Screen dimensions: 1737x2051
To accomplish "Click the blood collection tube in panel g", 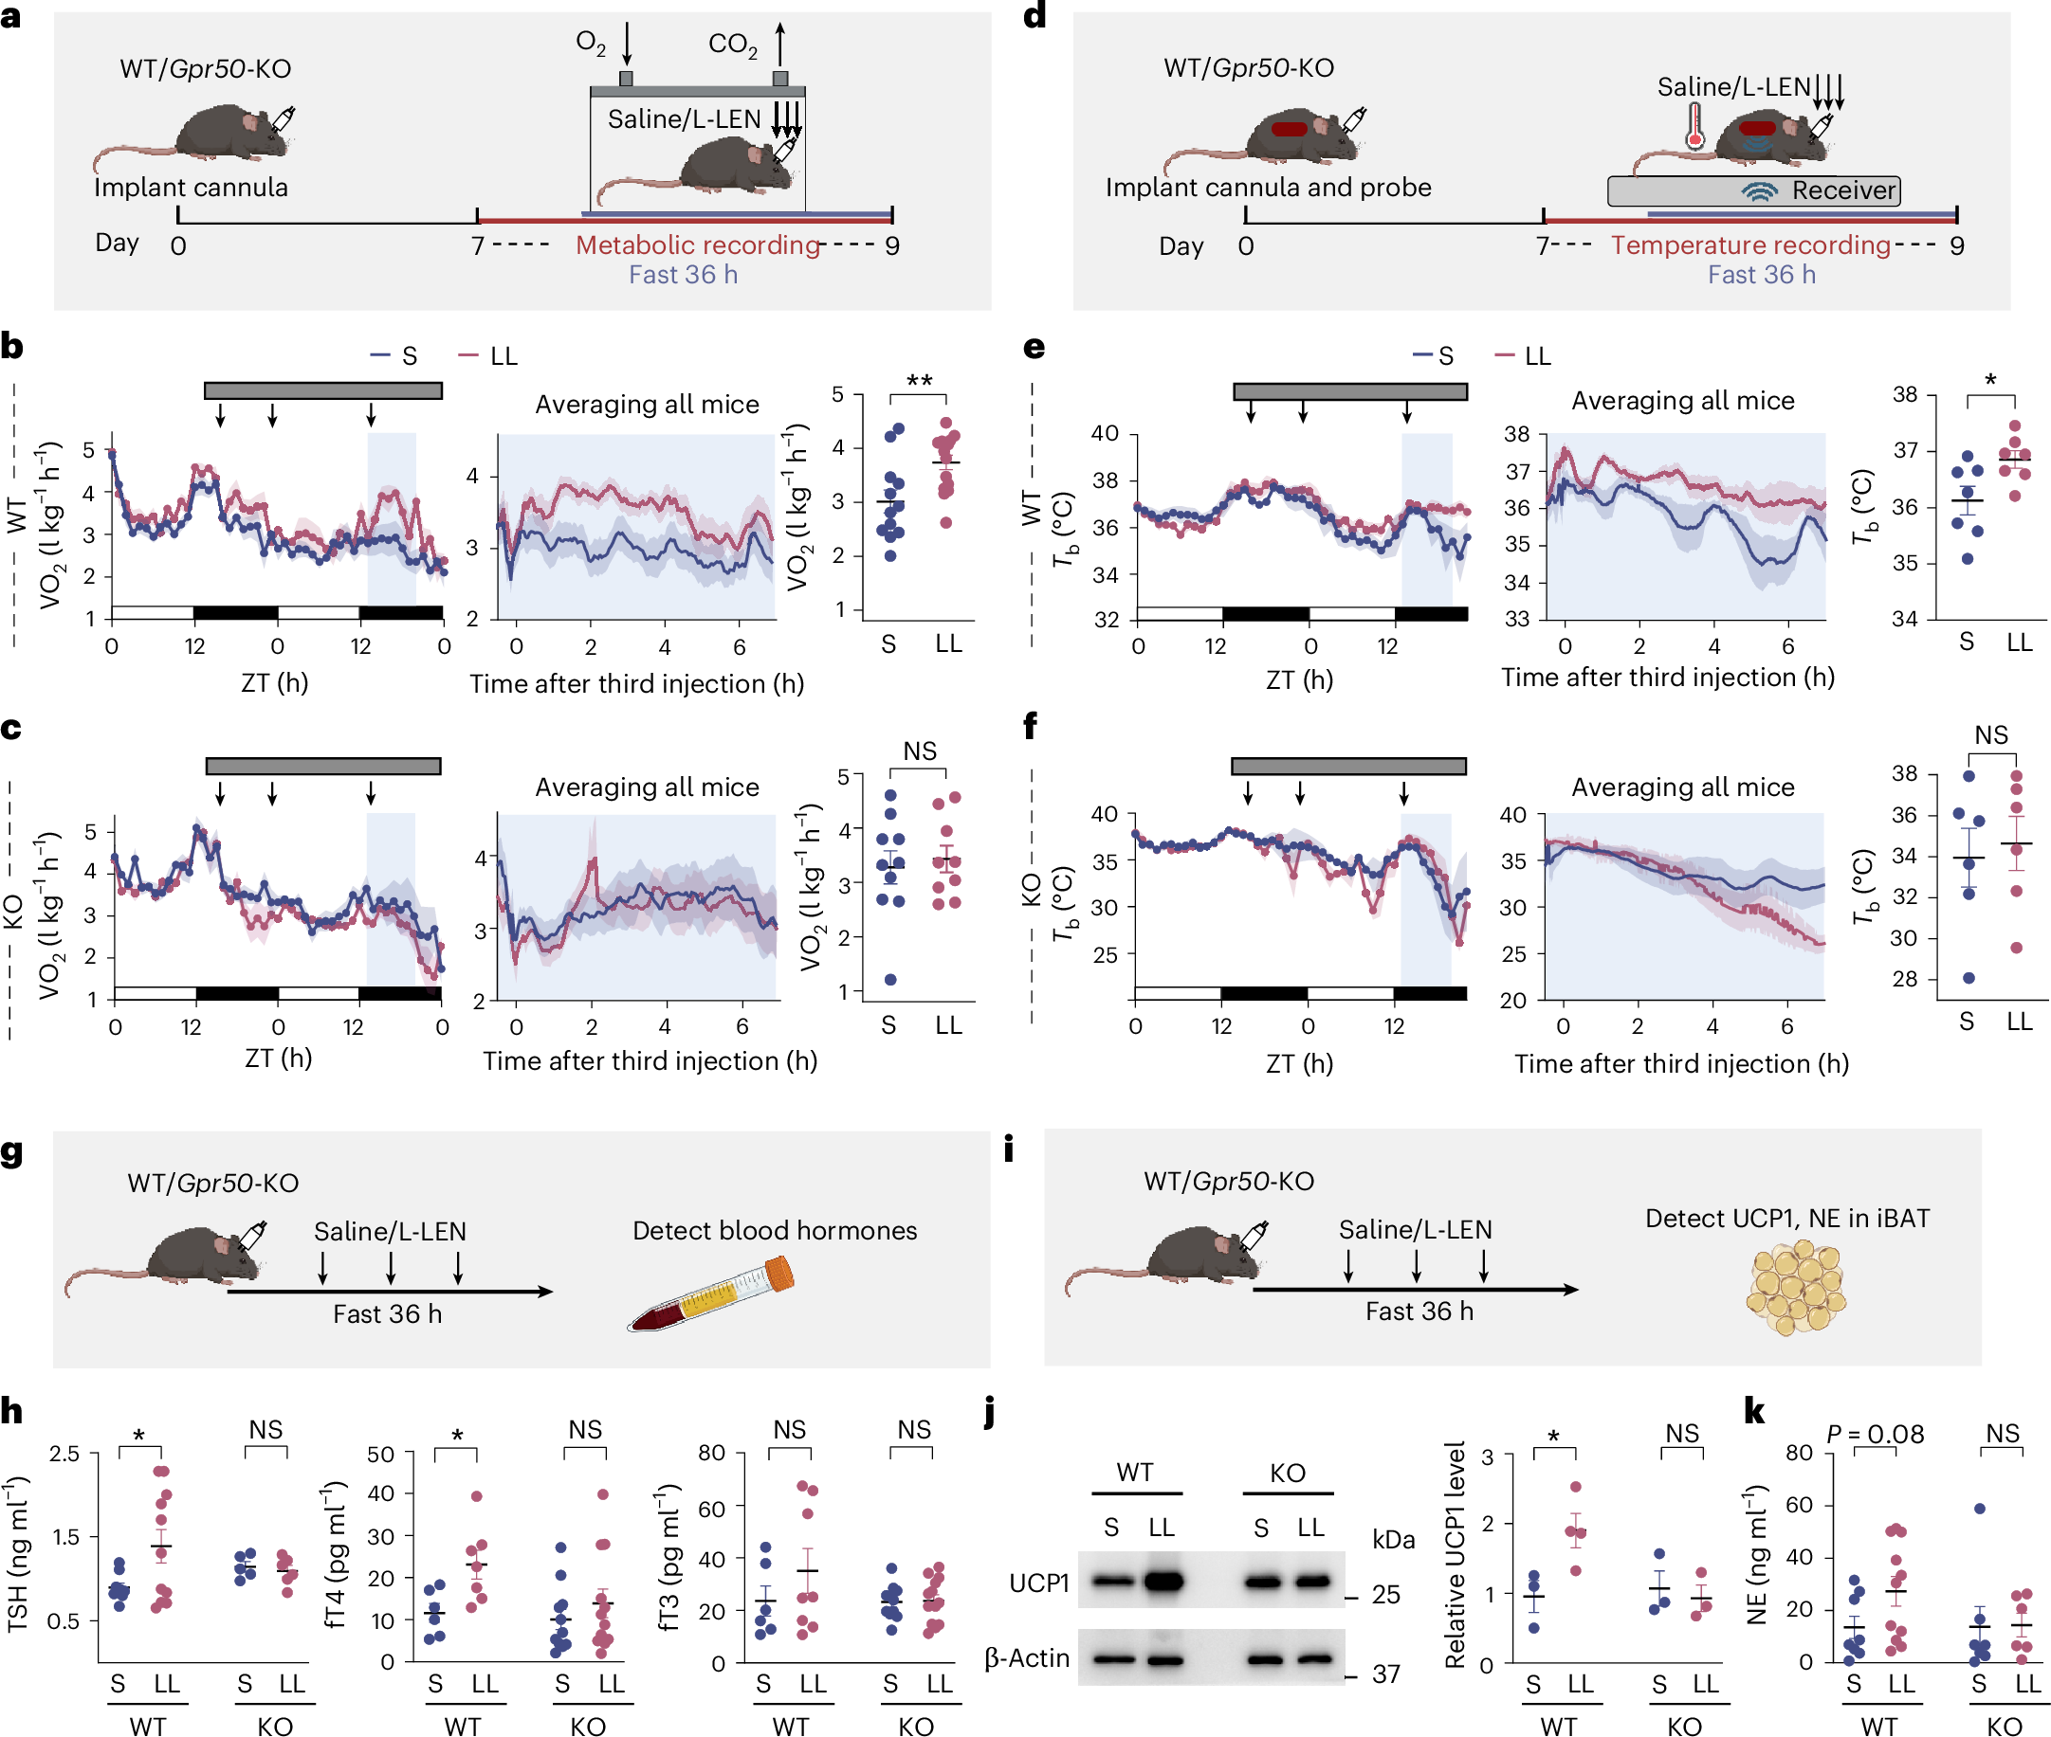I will click(711, 1294).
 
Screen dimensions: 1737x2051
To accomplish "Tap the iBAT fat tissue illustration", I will click(1795, 1286).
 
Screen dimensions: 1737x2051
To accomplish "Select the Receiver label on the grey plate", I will click(1842, 190).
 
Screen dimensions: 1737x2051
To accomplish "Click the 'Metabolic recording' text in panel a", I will click(697, 244).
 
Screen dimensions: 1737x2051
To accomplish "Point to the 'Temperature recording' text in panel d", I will click(1749, 244).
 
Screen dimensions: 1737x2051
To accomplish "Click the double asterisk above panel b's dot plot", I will click(918, 381).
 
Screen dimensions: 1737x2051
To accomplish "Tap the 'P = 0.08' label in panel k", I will click(1874, 1434).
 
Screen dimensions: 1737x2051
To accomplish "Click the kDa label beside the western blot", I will click(1392, 1539).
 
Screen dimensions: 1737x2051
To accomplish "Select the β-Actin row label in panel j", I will click(1027, 1658).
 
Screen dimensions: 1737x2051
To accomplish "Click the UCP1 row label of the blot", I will click(1038, 1583).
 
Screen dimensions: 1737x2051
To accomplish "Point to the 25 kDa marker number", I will click(1385, 1594).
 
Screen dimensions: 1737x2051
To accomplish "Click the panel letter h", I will click(11, 1410).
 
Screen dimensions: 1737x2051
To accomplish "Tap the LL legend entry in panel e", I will click(1524, 355).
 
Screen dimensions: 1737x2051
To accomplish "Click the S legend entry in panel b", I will click(396, 355).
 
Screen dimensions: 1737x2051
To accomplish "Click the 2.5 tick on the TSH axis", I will click(65, 1454).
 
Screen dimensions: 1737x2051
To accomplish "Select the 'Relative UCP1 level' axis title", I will click(1454, 1555).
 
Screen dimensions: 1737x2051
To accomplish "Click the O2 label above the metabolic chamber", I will click(590, 43).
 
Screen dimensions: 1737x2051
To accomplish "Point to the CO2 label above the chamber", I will click(732, 45).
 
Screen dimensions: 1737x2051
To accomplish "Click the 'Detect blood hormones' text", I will click(774, 1230).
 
